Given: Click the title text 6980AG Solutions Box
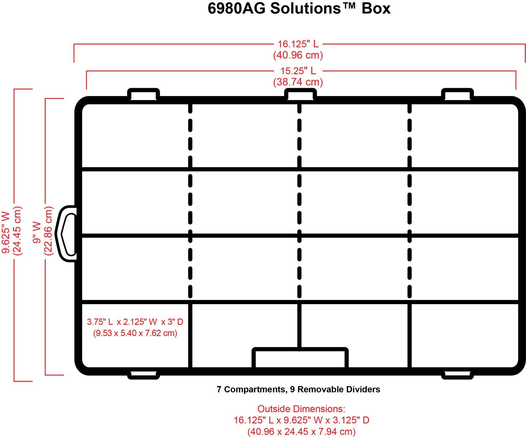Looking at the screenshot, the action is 299,9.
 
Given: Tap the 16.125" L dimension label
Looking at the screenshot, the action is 298,44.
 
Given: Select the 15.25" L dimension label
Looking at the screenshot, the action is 298,71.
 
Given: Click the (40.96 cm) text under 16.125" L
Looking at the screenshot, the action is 298,55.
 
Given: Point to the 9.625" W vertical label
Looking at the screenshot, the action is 7,232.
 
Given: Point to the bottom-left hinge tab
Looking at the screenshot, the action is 143,375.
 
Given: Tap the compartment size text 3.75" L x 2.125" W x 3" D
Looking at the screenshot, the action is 135,322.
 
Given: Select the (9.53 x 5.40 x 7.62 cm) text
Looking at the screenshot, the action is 135,333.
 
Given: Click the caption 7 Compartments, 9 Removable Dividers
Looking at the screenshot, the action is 298,389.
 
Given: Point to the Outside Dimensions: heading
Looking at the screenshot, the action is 301,409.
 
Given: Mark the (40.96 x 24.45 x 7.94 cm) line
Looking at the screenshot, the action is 301,431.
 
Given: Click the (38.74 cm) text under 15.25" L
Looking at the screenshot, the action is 298,82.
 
